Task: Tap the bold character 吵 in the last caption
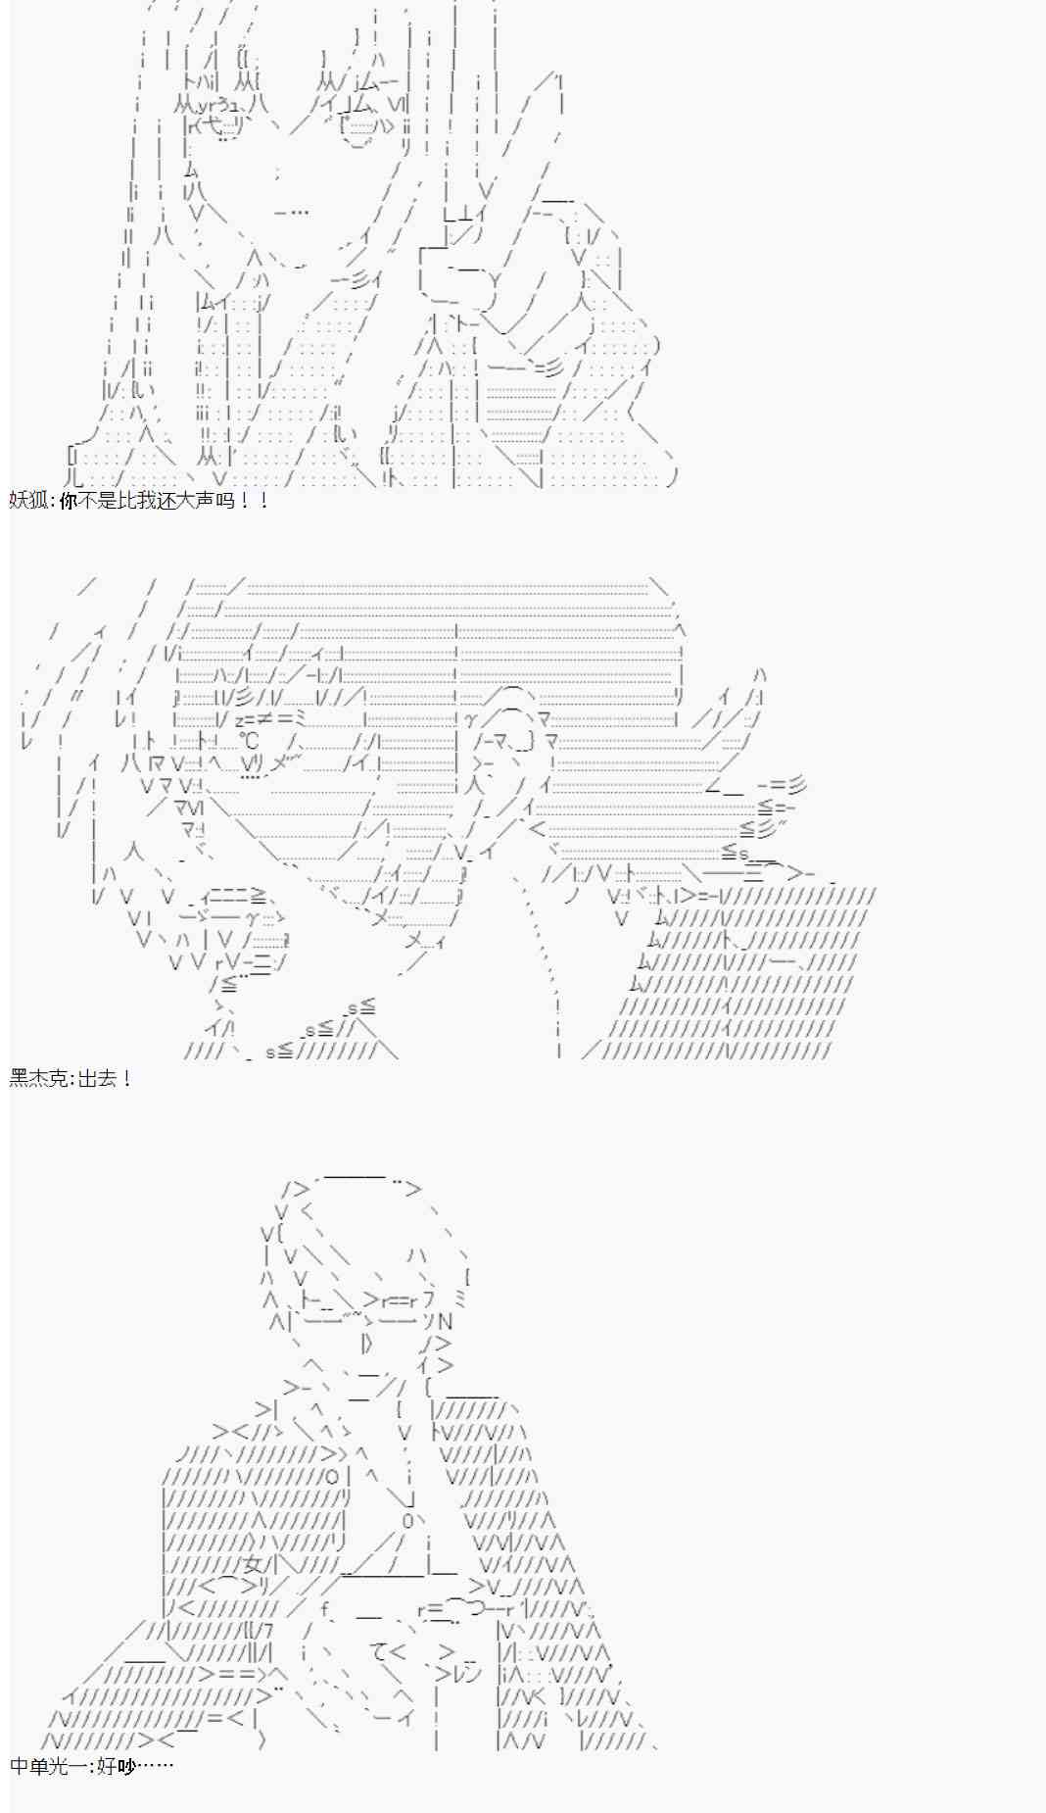(125, 1767)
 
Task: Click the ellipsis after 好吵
(155, 1767)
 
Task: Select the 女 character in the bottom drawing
(254, 1565)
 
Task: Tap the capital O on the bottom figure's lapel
(332, 1476)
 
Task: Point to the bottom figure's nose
(365, 1342)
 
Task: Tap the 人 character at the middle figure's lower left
(133, 850)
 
